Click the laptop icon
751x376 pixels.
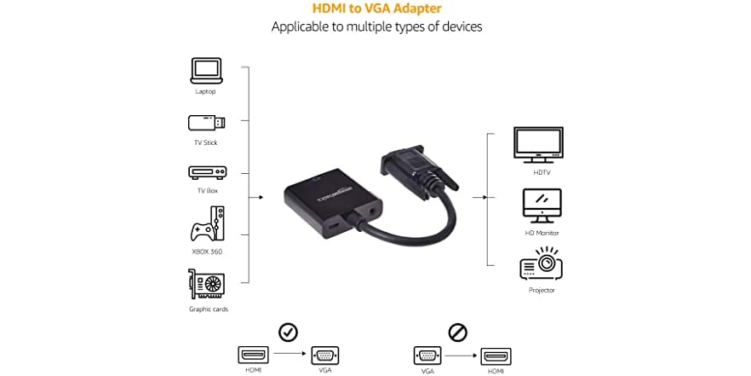[x=205, y=69]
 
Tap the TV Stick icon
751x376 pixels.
[x=207, y=122]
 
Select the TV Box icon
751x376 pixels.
[x=207, y=171]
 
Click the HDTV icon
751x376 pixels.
[x=538, y=144]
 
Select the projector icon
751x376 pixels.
[x=541, y=264]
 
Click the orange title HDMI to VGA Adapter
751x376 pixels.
[x=376, y=8]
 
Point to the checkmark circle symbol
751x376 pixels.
[x=288, y=331]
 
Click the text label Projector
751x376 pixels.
[x=542, y=290]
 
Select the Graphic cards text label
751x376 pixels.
[x=208, y=309]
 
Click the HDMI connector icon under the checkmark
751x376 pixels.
[x=252, y=356]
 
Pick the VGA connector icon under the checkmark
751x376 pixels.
[x=324, y=356]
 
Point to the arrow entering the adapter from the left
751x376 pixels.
[x=258, y=197]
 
